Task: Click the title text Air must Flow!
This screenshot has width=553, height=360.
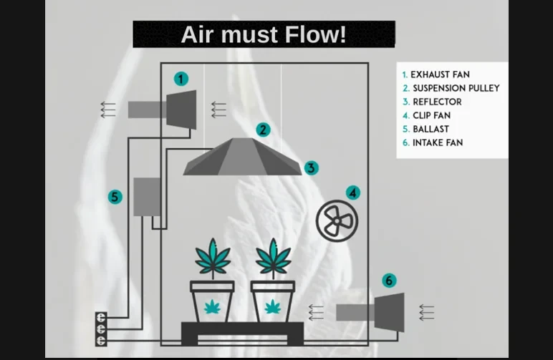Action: pos(264,34)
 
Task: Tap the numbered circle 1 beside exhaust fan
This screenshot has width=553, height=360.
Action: pos(181,79)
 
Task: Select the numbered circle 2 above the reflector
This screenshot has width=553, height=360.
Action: pos(264,130)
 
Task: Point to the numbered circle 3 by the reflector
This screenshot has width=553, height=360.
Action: pos(310,168)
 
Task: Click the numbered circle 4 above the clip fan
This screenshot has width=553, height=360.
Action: pos(352,193)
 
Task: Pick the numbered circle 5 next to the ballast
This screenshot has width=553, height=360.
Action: pos(115,197)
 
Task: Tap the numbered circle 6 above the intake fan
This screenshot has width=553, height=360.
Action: pos(389,280)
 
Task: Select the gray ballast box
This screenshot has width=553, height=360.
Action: pos(147,197)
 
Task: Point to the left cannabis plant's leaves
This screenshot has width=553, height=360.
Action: pos(213,258)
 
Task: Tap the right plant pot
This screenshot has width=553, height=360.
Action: pos(272,301)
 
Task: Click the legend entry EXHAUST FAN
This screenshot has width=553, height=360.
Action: pos(439,74)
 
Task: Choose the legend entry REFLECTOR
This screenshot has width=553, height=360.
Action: pos(436,102)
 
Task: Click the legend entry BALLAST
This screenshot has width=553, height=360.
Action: pos(430,129)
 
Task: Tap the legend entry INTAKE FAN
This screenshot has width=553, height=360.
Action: pos(436,142)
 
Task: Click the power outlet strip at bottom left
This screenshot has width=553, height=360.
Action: pos(101,329)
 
